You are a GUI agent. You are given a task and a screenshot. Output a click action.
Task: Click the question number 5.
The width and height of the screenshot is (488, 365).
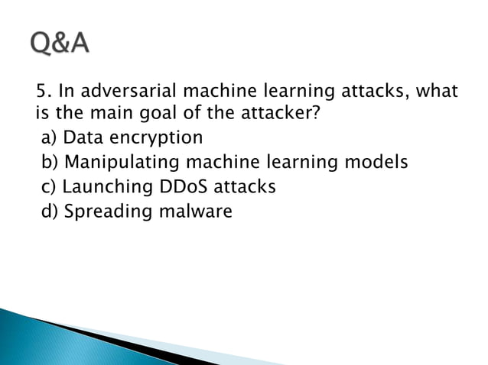click(x=43, y=92)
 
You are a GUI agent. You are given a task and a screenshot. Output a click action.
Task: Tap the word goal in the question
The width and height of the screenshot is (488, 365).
click(x=175, y=116)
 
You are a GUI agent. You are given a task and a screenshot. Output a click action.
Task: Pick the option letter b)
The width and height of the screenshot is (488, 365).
click(x=50, y=163)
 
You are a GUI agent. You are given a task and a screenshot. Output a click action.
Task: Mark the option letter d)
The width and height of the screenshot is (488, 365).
click(x=50, y=211)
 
